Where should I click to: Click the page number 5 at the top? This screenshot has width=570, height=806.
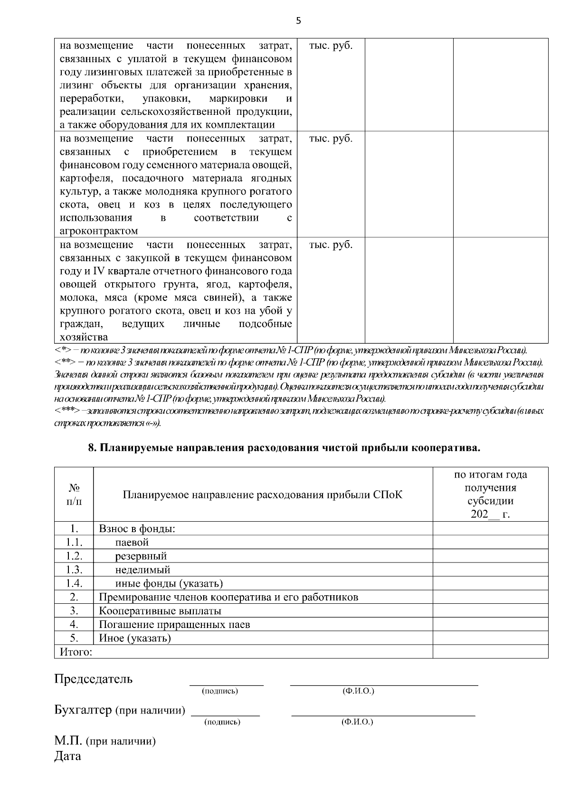298,20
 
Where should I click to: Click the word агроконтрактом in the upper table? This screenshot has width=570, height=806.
99,231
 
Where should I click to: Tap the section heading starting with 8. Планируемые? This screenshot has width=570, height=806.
285,448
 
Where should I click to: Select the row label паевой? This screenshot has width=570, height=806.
132,542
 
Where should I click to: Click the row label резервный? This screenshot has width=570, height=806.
141,556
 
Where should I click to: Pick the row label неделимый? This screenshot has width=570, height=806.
142,570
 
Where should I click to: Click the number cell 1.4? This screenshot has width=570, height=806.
74,583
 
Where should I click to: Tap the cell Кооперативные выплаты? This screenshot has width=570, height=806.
160,611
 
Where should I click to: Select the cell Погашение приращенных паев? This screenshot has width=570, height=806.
174,625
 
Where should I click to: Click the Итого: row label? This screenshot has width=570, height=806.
76,652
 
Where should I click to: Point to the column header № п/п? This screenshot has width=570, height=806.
74,495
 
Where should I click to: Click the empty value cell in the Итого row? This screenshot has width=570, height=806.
490,652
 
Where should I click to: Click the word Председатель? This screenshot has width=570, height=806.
94,679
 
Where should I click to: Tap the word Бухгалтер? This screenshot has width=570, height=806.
83,710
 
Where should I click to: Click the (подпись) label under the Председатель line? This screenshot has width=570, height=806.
220,691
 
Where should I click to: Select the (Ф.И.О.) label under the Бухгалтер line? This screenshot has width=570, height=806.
357,722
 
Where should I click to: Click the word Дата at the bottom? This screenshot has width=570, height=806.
67,756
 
